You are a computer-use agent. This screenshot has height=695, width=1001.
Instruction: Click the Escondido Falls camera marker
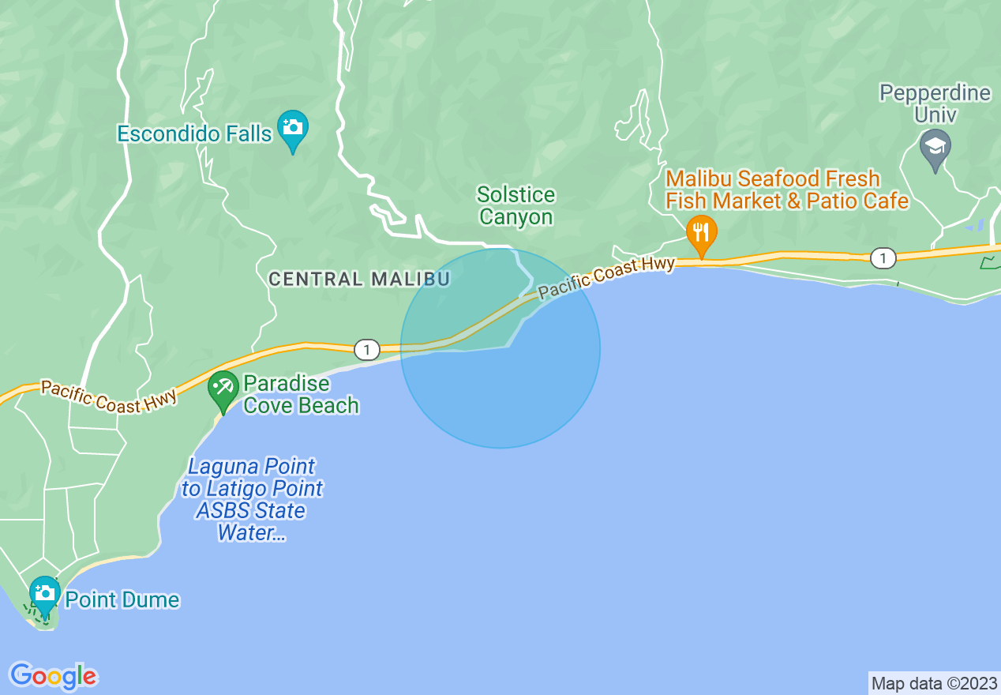pyautogui.click(x=293, y=129)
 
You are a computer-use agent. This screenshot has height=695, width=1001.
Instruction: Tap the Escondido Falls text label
pyautogui.click(x=194, y=133)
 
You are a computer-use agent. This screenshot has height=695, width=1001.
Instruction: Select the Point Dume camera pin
pyautogui.click(x=44, y=594)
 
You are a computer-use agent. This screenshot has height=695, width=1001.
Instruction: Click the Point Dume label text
pyautogui.click(x=122, y=600)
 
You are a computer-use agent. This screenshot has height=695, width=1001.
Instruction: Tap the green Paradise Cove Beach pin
pyautogui.click(x=223, y=389)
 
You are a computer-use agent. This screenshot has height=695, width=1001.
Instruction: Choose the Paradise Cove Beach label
pyautogui.click(x=301, y=395)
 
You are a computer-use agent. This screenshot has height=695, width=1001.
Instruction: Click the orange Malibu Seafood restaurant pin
pyautogui.click(x=701, y=233)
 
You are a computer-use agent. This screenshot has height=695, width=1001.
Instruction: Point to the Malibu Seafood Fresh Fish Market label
pyautogui.click(x=786, y=190)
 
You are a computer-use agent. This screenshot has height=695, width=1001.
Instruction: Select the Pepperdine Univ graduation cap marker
pyautogui.click(x=935, y=148)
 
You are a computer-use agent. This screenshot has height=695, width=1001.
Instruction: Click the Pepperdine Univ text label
pyautogui.click(x=935, y=103)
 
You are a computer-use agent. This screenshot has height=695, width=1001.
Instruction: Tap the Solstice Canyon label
pyautogui.click(x=516, y=205)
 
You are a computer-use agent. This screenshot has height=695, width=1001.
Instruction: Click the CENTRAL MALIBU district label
pyautogui.click(x=359, y=279)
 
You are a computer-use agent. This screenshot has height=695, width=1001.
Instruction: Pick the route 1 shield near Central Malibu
pyautogui.click(x=367, y=349)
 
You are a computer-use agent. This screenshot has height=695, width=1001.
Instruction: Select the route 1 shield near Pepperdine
pyautogui.click(x=883, y=257)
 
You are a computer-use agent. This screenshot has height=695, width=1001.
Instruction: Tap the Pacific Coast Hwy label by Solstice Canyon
pyautogui.click(x=606, y=277)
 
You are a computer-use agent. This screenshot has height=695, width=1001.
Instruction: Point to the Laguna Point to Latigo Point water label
pyautogui.click(x=253, y=499)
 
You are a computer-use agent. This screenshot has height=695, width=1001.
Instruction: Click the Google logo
pyautogui.click(x=54, y=676)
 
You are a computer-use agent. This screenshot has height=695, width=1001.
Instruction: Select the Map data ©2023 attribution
pyautogui.click(x=934, y=683)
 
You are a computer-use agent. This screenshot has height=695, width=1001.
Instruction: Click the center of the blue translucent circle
pyautogui.click(x=500, y=348)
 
